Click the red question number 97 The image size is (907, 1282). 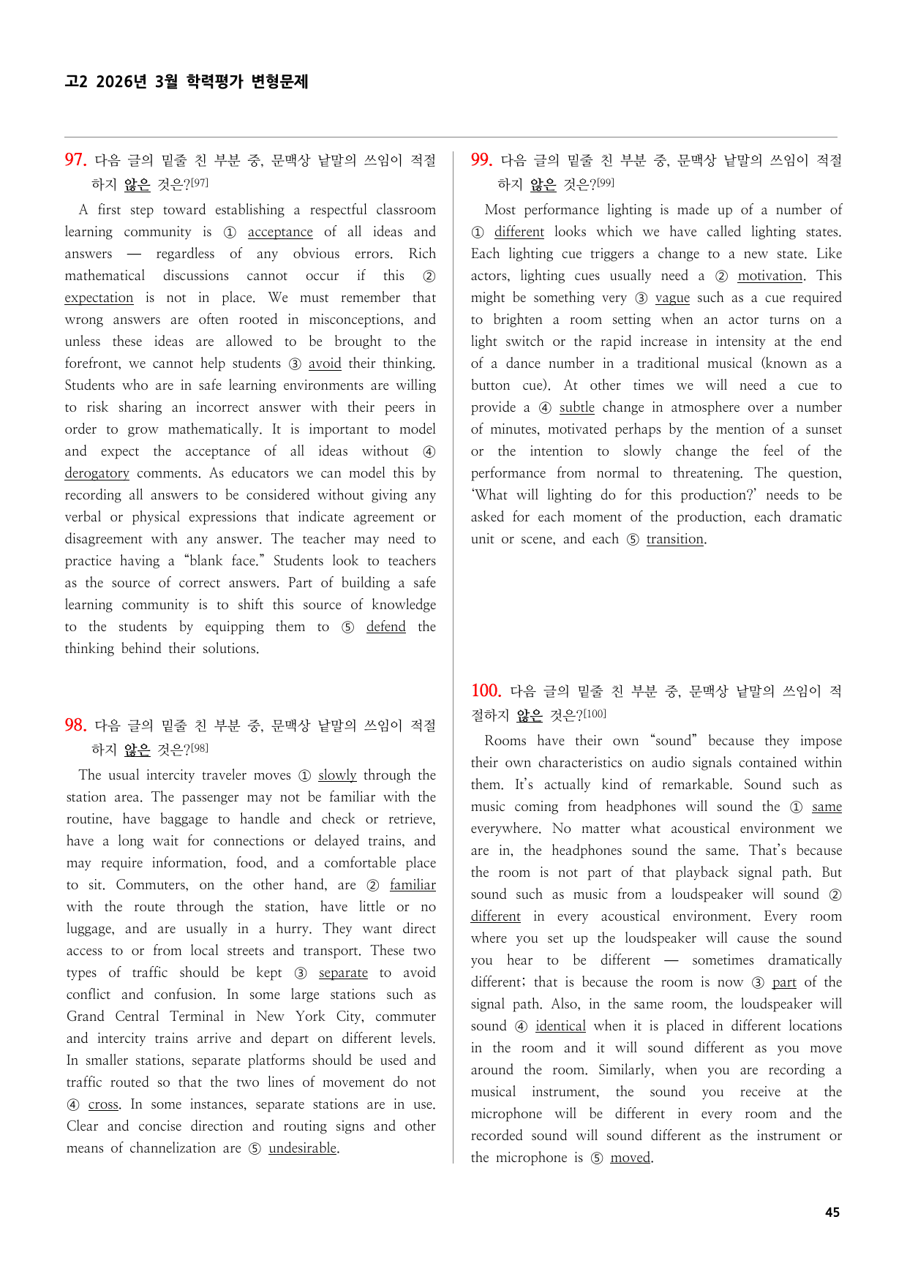click(x=75, y=159)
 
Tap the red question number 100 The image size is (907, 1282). click(x=486, y=690)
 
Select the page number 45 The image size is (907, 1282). click(x=832, y=1212)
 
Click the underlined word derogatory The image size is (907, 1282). click(x=97, y=473)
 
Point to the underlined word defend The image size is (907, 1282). click(x=385, y=627)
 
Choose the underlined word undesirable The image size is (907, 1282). click(x=302, y=1148)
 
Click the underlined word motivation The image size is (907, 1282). click(x=769, y=276)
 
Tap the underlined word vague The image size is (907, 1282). click(x=672, y=298)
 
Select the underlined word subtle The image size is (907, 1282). click(x=576, y=407)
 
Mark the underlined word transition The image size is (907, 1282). click(x=674, y=539)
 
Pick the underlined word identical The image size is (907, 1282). click(x=560, y=1026)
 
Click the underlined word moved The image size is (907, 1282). click(x=630, y=1158)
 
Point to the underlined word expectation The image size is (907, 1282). click(x=99, y=298)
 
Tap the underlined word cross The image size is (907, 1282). click(x=103, y=1104)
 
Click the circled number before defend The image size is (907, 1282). click(x=348, y=627)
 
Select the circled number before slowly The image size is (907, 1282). click(x=304, y=776)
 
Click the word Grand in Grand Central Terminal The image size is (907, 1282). click(x=86, y=1017)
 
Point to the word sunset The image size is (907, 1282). click(x=823, y=429)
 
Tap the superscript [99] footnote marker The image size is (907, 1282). click(x=605, y=183)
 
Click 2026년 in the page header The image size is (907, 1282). click(x=121, y=81)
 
